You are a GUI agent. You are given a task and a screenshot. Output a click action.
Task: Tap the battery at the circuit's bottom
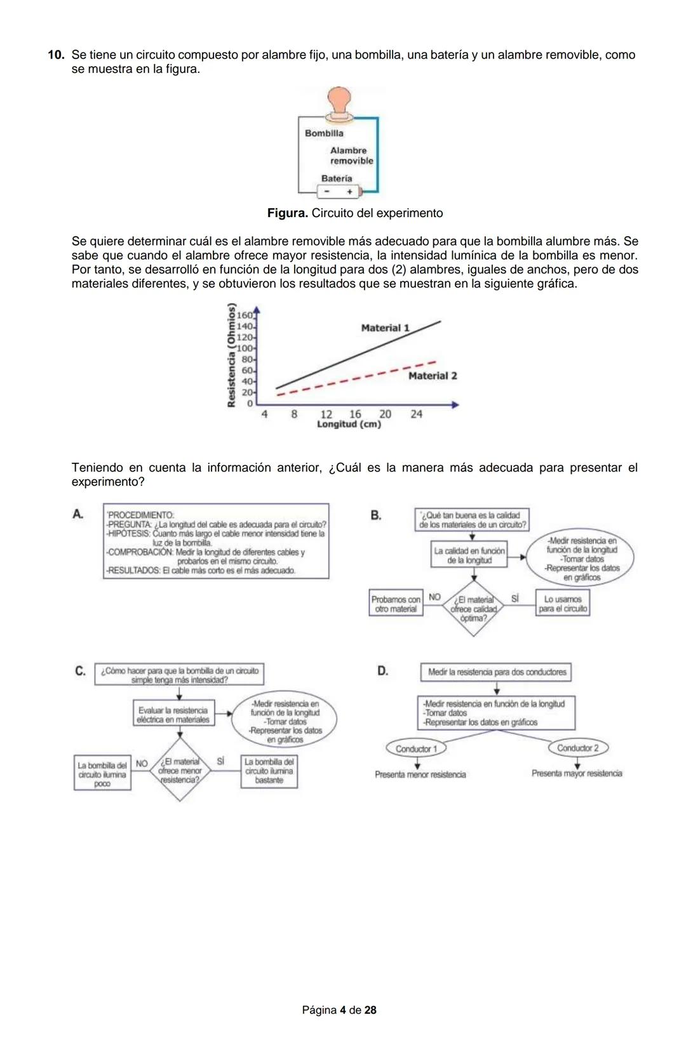pyautogui.click(x=338, y=191)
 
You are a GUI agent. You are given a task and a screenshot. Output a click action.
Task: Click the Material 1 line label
pyautogui.click(x=385, y=328)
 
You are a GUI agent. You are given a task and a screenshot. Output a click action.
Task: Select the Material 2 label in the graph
pyautogui.click(x=432, y=376)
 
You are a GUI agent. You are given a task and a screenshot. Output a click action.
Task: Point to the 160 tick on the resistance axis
pyautogui.click(x=245, y=315)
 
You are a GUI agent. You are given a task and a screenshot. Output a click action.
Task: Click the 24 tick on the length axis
pyautogui.click(x=416, y=414)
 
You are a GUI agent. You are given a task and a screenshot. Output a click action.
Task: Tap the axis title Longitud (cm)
pyautogui.click(x=349, y=425)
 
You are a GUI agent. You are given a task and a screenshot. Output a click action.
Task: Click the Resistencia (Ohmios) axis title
pyautogui.click(x=232, y=355)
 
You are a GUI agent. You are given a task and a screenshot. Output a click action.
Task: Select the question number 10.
pyautogui.click(x=57, y=55)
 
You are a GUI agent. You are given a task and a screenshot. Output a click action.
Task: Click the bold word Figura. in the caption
pyautogui.click(x=287, y=213)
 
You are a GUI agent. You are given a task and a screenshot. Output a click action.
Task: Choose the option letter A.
pyautogui.click(x=77, y=514)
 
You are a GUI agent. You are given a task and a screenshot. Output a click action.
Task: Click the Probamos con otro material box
pyautogui.click(x=396, y=604)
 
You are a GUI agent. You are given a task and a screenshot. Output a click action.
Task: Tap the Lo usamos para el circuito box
pyautogui.click(x=562, y=604)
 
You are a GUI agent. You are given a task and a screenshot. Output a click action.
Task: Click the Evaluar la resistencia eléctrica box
pyautogui.click(x=173, y=715)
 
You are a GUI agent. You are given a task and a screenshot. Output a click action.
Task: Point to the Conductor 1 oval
pyautogui.click(x=416, y=749)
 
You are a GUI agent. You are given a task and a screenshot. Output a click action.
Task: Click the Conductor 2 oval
pyautogui.click(x=577, y=748)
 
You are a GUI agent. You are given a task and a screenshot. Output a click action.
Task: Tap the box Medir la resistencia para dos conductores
pyautogui.click(x=496, y=672)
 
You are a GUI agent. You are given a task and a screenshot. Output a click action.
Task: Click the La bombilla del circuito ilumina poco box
pyautogui.click(x=102, y=774)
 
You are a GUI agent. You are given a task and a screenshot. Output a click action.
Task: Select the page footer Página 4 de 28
pyautogui.click(x=339, y=1010)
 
